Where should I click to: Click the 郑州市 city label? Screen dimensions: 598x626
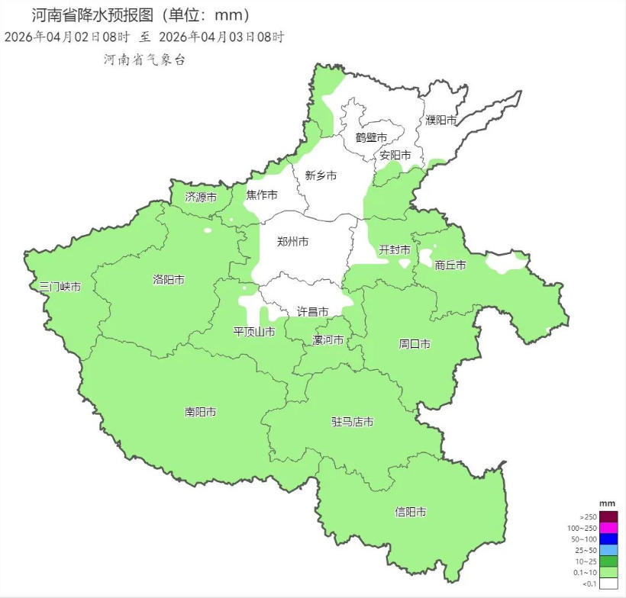tap(292, 242)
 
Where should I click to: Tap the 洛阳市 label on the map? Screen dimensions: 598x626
tap(168, 280)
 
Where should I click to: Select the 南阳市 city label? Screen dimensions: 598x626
tap(200, 412)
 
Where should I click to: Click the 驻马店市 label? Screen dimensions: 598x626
tap(352, 422)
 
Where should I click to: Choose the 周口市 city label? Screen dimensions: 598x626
tap(415, 344)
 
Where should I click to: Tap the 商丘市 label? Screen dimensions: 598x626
tap(450, 265)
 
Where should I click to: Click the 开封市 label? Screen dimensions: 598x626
tap(395, 249)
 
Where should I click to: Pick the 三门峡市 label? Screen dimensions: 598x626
tap(60, 287)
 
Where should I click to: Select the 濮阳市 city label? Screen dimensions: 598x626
tap(441, 120)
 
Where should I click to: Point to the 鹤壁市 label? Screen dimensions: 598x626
tap(371, 137)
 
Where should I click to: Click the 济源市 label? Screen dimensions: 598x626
tap(201, 197)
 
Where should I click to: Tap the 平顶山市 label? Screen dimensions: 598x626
tap(254, 332)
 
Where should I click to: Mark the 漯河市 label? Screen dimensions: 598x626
tap(328, 339)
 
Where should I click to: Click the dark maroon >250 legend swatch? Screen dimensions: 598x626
tap(608, 517)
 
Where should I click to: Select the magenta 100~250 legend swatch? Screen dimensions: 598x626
tap(608, 528)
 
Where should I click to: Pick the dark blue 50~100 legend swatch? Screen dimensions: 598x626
tap(608, 539)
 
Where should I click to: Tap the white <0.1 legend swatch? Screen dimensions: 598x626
tap(608, 584)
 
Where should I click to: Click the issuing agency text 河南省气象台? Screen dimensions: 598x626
tap(145, 59)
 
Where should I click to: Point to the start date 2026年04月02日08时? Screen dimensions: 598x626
tap(67, 37)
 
